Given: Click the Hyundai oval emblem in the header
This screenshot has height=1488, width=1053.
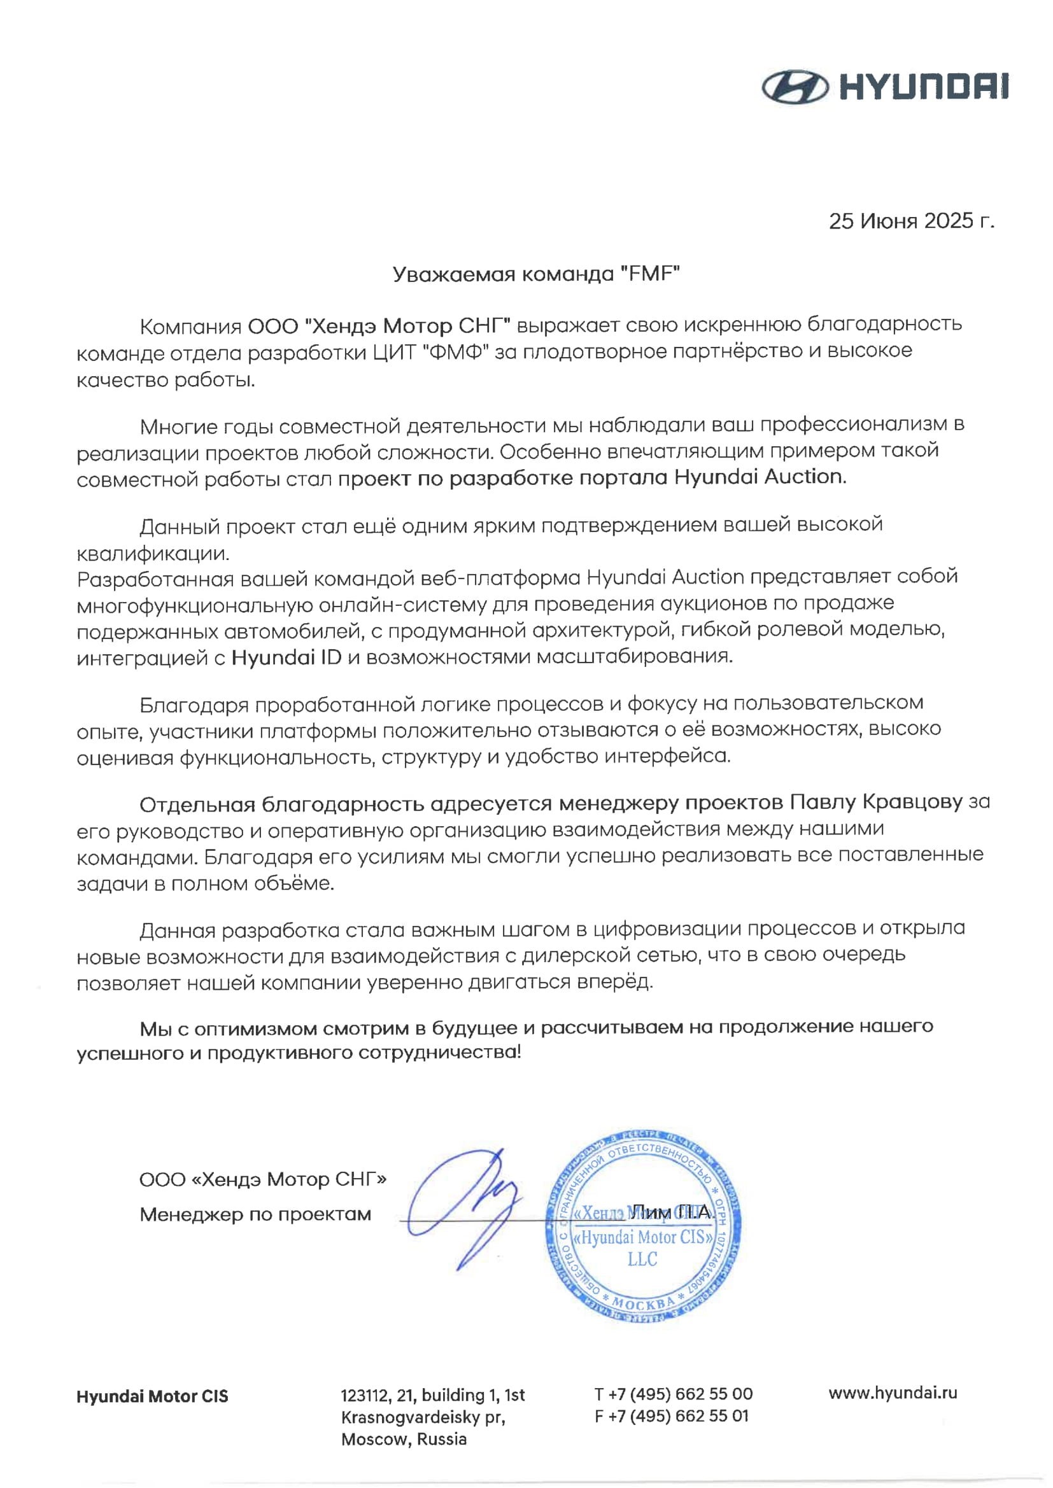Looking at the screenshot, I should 795,87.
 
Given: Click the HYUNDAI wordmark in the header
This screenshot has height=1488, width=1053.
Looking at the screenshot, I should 924,87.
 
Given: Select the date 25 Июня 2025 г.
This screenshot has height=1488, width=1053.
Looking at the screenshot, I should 911,221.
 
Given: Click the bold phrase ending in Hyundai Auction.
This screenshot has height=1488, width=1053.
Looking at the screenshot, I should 592,477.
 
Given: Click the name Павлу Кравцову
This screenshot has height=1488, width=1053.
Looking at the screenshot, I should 875,803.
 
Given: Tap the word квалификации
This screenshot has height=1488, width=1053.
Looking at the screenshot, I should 153,554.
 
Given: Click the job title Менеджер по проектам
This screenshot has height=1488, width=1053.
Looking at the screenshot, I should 255,1214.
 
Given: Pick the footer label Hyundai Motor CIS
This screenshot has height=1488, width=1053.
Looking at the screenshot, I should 152,1396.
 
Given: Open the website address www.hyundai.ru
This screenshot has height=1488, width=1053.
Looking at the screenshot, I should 893,1393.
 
